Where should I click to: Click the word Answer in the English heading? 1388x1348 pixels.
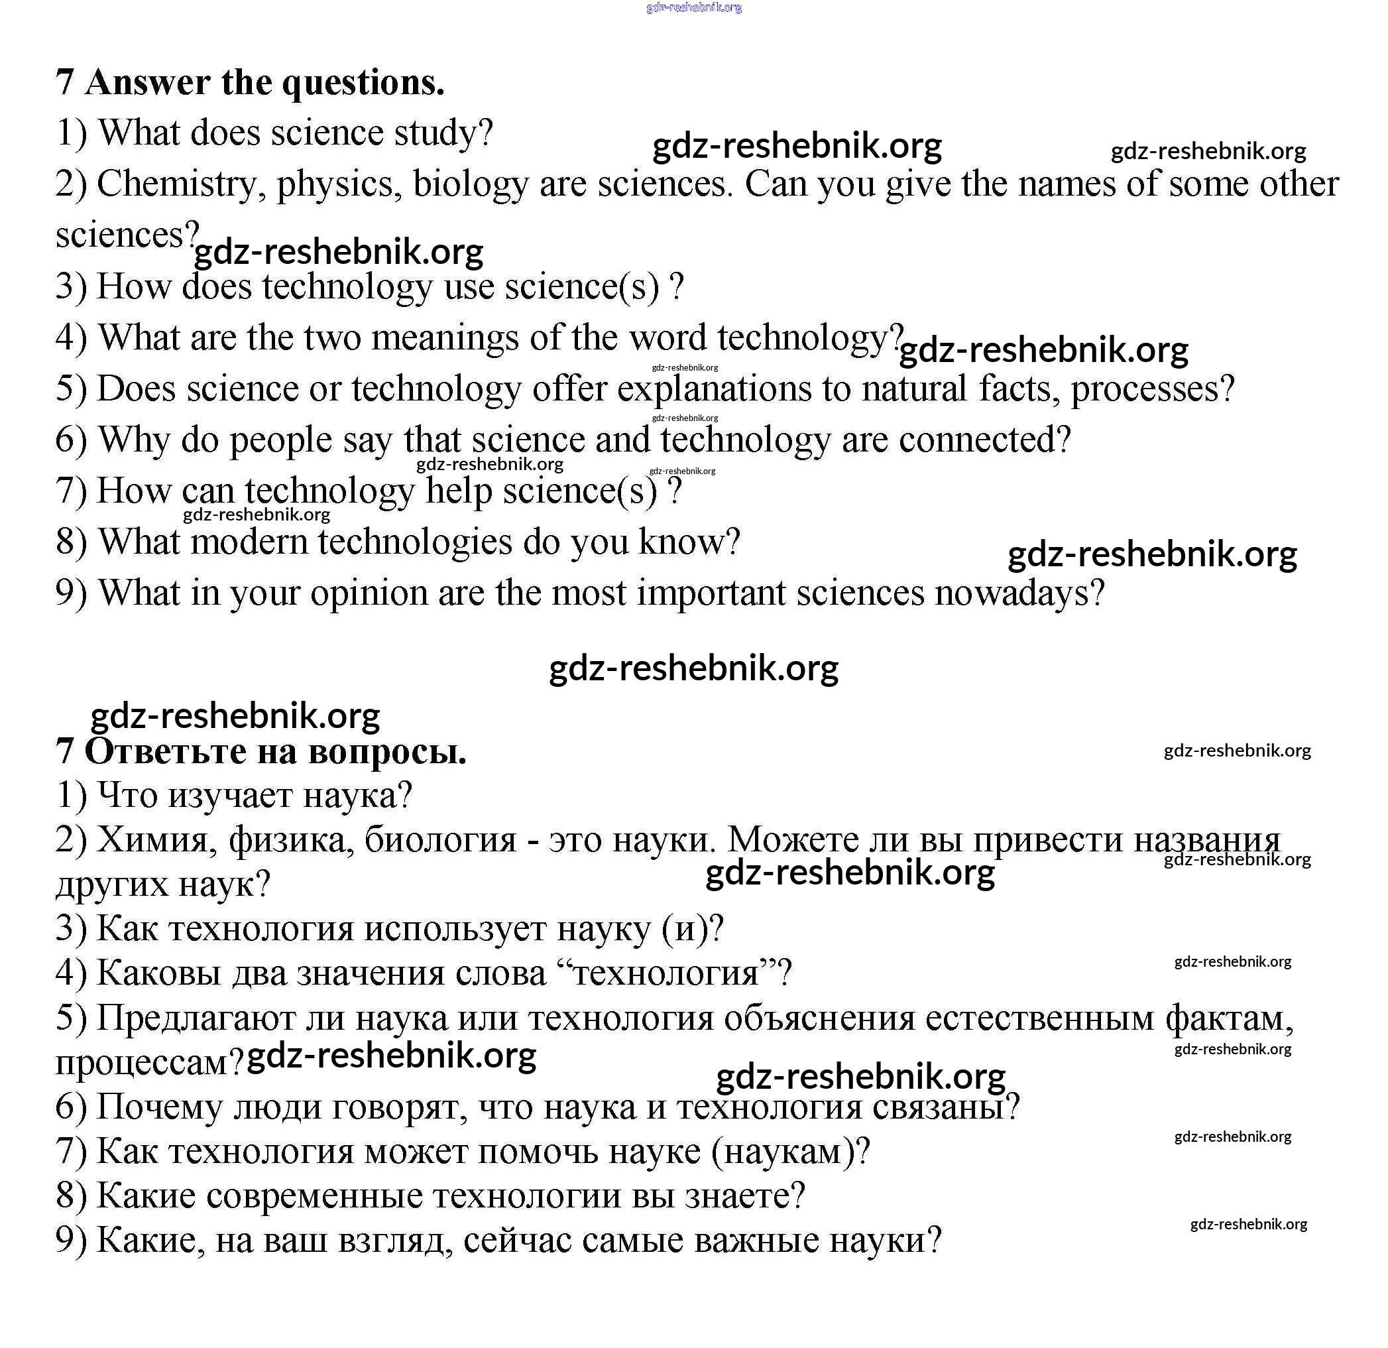point(148,82)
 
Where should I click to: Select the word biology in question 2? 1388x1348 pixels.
point(470,184)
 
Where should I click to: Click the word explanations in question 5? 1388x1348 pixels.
point(714,389)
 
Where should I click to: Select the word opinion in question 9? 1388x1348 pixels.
point(369,593)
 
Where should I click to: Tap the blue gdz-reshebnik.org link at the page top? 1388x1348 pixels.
point(694,8)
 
